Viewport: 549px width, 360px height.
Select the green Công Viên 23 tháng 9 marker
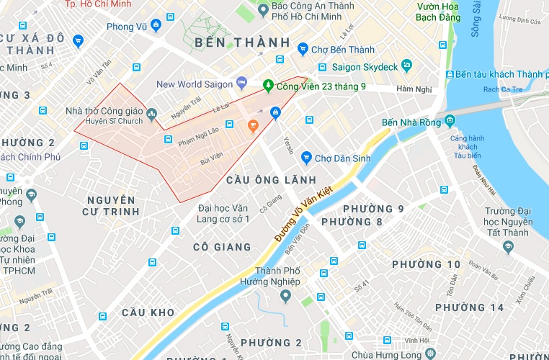click(268, 86)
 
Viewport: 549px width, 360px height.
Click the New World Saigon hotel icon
click(242, 83)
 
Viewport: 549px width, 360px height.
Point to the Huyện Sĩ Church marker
click(151, 113)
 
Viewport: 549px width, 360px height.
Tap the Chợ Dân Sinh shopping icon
click(306, 156)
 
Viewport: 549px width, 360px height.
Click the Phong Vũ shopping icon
click(78, 41)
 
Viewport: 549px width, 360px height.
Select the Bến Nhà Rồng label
click(411, 123)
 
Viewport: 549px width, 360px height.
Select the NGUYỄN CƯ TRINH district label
click(110, 205)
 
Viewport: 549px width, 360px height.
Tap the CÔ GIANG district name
click(222, 247)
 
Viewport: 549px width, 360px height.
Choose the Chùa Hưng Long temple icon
click(431, 354)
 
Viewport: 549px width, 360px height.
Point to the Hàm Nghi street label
click(412, 90)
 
